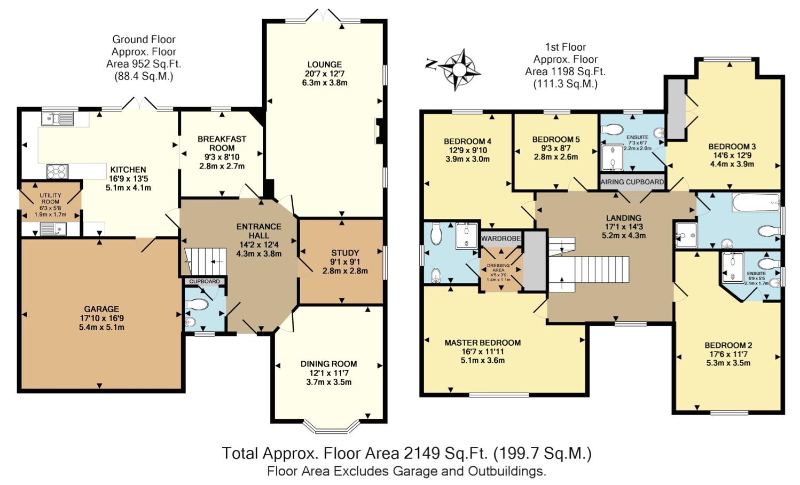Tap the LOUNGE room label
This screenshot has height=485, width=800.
pyautogui.click(x=325, y=65)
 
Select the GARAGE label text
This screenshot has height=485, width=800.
pyautogui.click(x=101, y=309)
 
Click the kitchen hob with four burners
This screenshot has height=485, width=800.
pyautogui.click(x=57, y=171)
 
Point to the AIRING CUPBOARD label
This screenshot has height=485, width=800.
pyautogui.click(x=632, y=182)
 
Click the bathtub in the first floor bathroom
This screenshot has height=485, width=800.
pyautogui.click(x=756, y=203)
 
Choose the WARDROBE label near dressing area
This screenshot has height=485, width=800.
pyautogui.click(x=501, y=238)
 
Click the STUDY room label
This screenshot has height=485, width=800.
pyautogui.click(x=345, y=253)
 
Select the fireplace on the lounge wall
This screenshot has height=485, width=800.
pyautogui.click(x=378, y=131)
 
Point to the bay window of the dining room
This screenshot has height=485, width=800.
pyautogui.click(x=331, y=427)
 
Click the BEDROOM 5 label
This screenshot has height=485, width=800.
pyautogui.click(x=556, y=140)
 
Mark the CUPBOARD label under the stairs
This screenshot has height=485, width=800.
pyautogui.click(x=205, y=282)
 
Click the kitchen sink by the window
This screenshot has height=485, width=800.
pyautogui.click(x=57, y=119)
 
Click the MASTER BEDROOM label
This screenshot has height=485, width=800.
pyautogui.click(x=482, y=343)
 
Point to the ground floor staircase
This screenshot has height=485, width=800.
pyautogui.click(x=206, y=261)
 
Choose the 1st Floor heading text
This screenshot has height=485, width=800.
pyautogui.click(x=566, y=47)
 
